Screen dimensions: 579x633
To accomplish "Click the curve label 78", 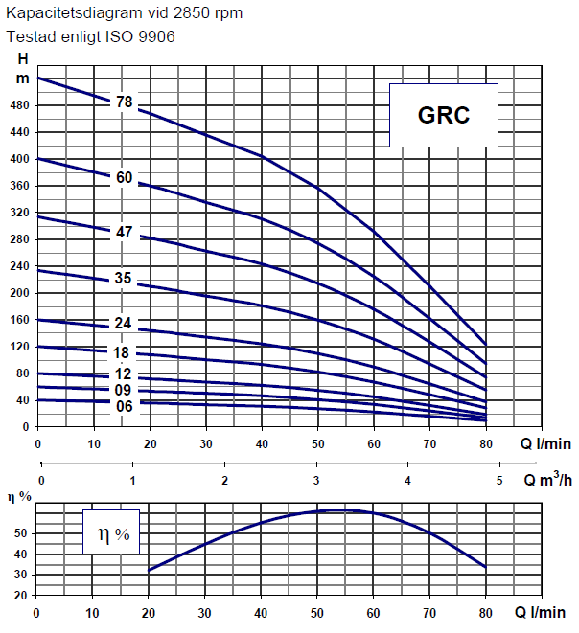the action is pyautogui.click(x=124, y=102).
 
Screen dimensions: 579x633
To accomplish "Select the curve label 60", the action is pyautogui.click(x=124, y=177).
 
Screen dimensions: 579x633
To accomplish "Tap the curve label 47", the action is pyautogui.click(x=124, y=232).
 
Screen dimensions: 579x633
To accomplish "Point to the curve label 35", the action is pyautogui.click(x=123, y=278).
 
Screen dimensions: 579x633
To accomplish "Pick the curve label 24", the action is pyautogui.click(x=123, y=323).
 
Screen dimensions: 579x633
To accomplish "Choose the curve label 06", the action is pyautogui.click(x=124, y=406).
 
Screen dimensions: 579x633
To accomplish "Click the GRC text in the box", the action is pyautogui.click(x=444, y=115).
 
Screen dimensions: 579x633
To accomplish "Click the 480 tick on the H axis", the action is pyautogui.click(x=19, y=105).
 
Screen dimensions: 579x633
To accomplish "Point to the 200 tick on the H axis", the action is pyautogui.click(x=19, y=293).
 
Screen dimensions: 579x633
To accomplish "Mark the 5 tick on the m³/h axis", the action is pyautogui.click(x=499, y=481).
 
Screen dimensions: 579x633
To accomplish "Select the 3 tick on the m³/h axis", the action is pyautogui.click(x=316, y=481).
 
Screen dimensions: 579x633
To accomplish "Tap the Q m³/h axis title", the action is pyautogui.click(x=548, y=479).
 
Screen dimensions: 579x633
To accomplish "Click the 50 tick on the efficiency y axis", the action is pyautogui.click(x=20, y=533).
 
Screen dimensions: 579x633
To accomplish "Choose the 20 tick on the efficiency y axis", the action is pyautogui.click(x=20, y=595).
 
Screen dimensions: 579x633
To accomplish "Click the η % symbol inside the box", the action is pyautogui.click(x=114, y=535).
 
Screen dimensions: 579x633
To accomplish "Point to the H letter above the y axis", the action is pyautogui.click(x=23, y=59).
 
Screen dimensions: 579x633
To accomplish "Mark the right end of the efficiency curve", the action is pyautogui.click(x=486, y=567).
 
